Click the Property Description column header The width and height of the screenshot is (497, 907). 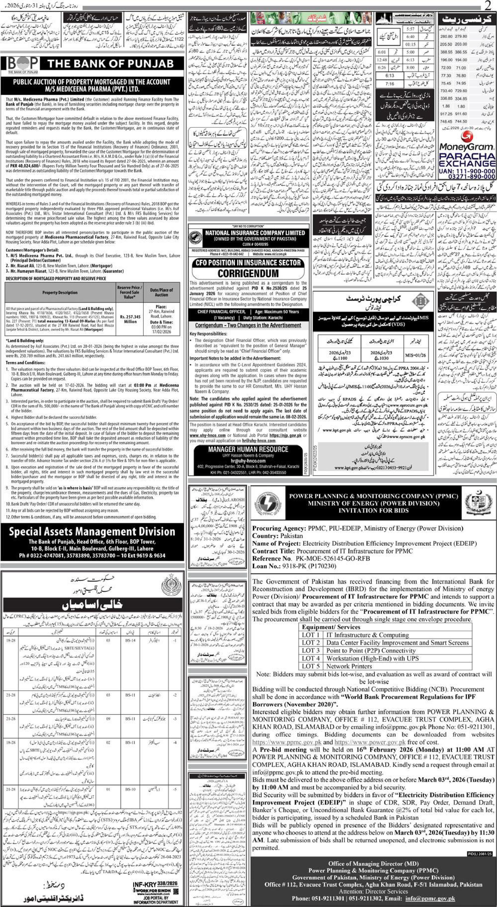(x=60, y=292)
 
